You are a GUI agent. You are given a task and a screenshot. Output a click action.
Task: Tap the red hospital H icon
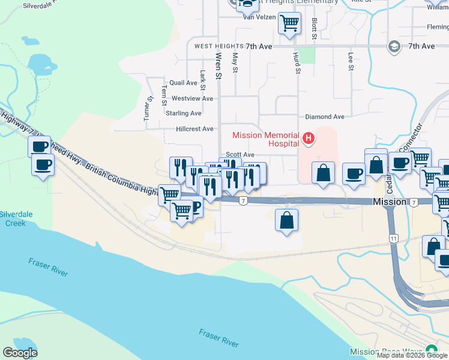(309, 139)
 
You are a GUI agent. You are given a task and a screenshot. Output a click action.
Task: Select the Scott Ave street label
(240, 155)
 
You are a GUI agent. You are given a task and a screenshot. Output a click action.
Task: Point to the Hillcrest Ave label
(194, 129)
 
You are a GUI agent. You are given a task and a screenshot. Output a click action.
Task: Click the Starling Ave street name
(184, 113)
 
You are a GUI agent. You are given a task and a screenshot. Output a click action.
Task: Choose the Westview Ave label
(192, 98)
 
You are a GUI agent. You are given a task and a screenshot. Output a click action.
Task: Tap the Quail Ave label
(183, 83)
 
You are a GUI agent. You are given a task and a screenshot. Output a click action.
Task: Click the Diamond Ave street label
(325, 117)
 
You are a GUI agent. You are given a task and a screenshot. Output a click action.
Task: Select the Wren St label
(218, 64)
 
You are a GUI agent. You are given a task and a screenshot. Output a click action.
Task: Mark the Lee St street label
(351, 61)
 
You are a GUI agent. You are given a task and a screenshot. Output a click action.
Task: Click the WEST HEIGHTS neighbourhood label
(217, 46)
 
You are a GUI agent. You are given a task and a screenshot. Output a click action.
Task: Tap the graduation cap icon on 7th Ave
(394, 47)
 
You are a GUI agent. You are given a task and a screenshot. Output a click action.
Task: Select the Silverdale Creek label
(13, 218)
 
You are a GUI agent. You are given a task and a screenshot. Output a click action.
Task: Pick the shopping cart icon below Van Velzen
(289, 23)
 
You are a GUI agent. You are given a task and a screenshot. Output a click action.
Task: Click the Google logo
(20, 353)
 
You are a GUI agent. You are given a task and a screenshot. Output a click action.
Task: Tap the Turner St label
(146, 110)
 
